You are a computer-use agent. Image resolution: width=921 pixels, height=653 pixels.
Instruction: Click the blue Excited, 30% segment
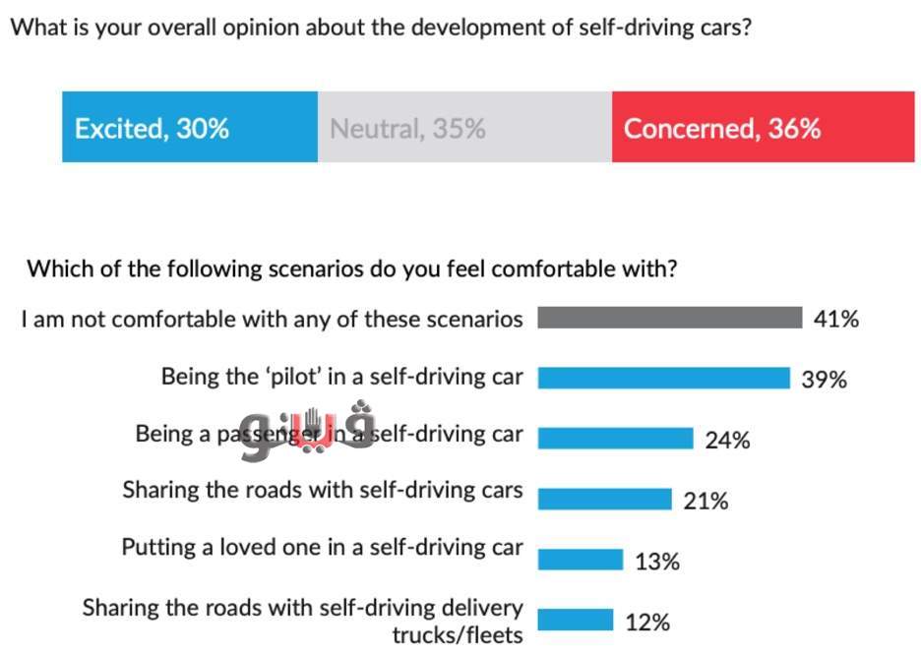click(x=189, y=127)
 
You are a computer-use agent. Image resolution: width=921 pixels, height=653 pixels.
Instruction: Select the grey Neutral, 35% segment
click(x=463, y=127)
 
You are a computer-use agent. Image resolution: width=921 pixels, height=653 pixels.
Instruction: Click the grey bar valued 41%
click(x=670, y=318)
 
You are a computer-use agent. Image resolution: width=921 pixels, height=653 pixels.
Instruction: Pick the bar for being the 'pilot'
click(x=663, y=378)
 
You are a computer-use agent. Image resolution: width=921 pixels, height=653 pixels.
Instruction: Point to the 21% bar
click(x=604, y=500)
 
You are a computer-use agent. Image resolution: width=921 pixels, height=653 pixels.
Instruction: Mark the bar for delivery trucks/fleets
click(x=575, y=621)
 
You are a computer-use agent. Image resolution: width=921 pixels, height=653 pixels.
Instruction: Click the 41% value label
click(x=836, y=319)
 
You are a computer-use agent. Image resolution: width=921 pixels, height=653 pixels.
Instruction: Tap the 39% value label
click(x=824, y=380)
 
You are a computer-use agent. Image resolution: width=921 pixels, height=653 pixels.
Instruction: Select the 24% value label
click(x=727, y=441)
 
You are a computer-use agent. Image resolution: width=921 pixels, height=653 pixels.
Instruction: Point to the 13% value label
click(x=656, y=562)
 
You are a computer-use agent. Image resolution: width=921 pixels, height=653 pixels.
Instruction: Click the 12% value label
click(x=646, y=623)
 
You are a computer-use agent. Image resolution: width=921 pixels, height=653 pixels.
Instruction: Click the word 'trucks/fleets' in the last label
click(x=458, y=634)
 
